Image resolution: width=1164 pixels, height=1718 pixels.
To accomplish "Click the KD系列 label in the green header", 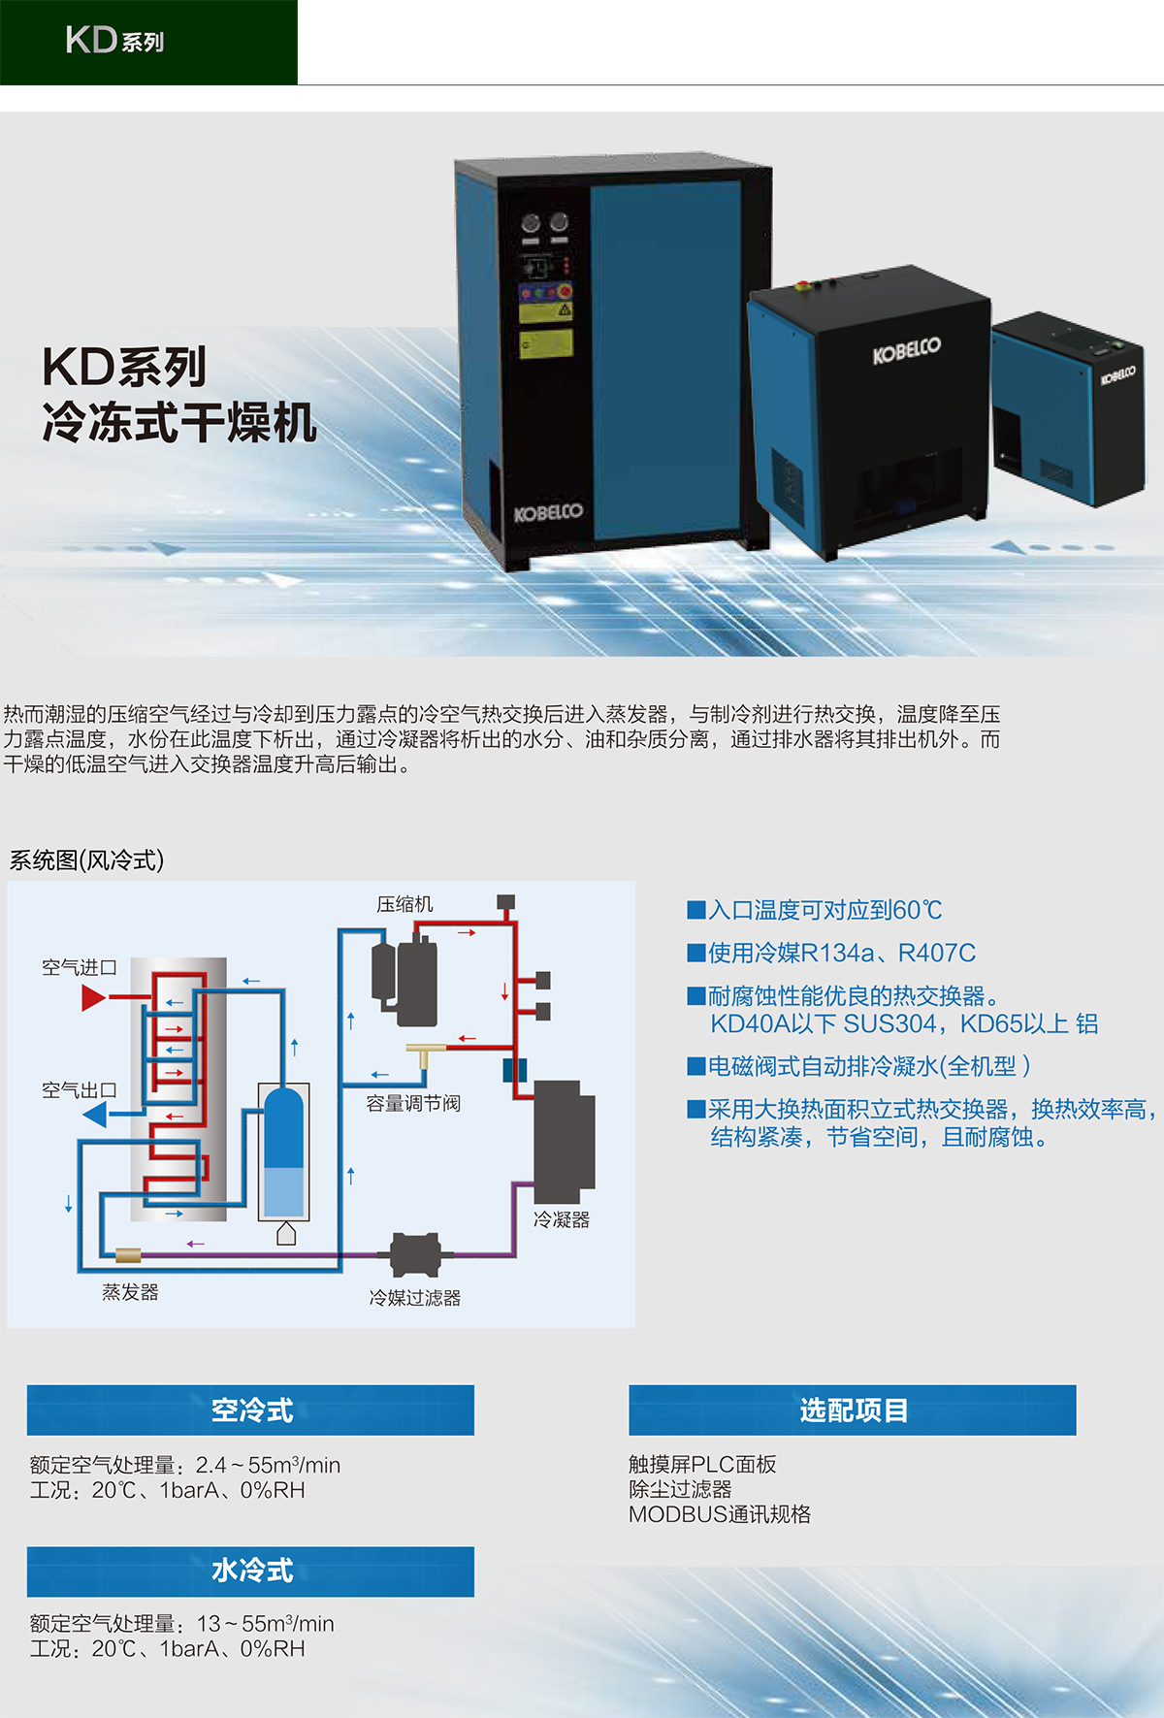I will [114, 41].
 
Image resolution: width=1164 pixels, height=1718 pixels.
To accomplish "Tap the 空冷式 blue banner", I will [250, 1410].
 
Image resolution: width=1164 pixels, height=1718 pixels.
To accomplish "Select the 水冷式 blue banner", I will [250, 1571].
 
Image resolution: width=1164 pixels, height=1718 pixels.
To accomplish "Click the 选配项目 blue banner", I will [852, 1410].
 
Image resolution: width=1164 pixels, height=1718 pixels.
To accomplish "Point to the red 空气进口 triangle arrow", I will [93, 997].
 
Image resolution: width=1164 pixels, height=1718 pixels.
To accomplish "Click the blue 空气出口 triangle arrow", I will [95, 1115].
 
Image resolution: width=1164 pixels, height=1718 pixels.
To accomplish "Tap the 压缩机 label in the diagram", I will [404, 904].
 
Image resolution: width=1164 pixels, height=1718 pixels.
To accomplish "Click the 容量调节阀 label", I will [413, 1103].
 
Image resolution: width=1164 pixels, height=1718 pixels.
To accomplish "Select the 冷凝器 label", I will [562, 1219].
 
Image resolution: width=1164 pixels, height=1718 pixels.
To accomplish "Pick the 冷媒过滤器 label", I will [414, 1297].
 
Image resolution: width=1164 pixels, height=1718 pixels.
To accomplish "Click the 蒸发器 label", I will [130, 1292].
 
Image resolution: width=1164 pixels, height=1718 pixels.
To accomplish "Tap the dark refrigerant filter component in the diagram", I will [415, 1254].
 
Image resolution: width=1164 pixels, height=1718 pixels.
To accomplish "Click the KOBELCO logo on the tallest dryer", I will [548, 512].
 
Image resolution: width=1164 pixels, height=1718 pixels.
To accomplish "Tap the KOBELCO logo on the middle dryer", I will [906, 350].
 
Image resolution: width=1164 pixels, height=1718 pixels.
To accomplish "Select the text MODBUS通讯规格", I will [719, 1514].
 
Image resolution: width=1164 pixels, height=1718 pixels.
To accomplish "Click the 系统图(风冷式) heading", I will [86, 860].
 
